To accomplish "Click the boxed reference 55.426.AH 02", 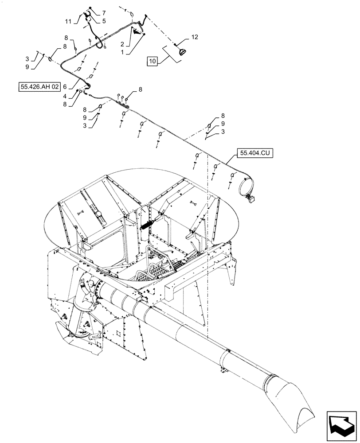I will tap(39, 87).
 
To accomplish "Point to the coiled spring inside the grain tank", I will tap(148, 222).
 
